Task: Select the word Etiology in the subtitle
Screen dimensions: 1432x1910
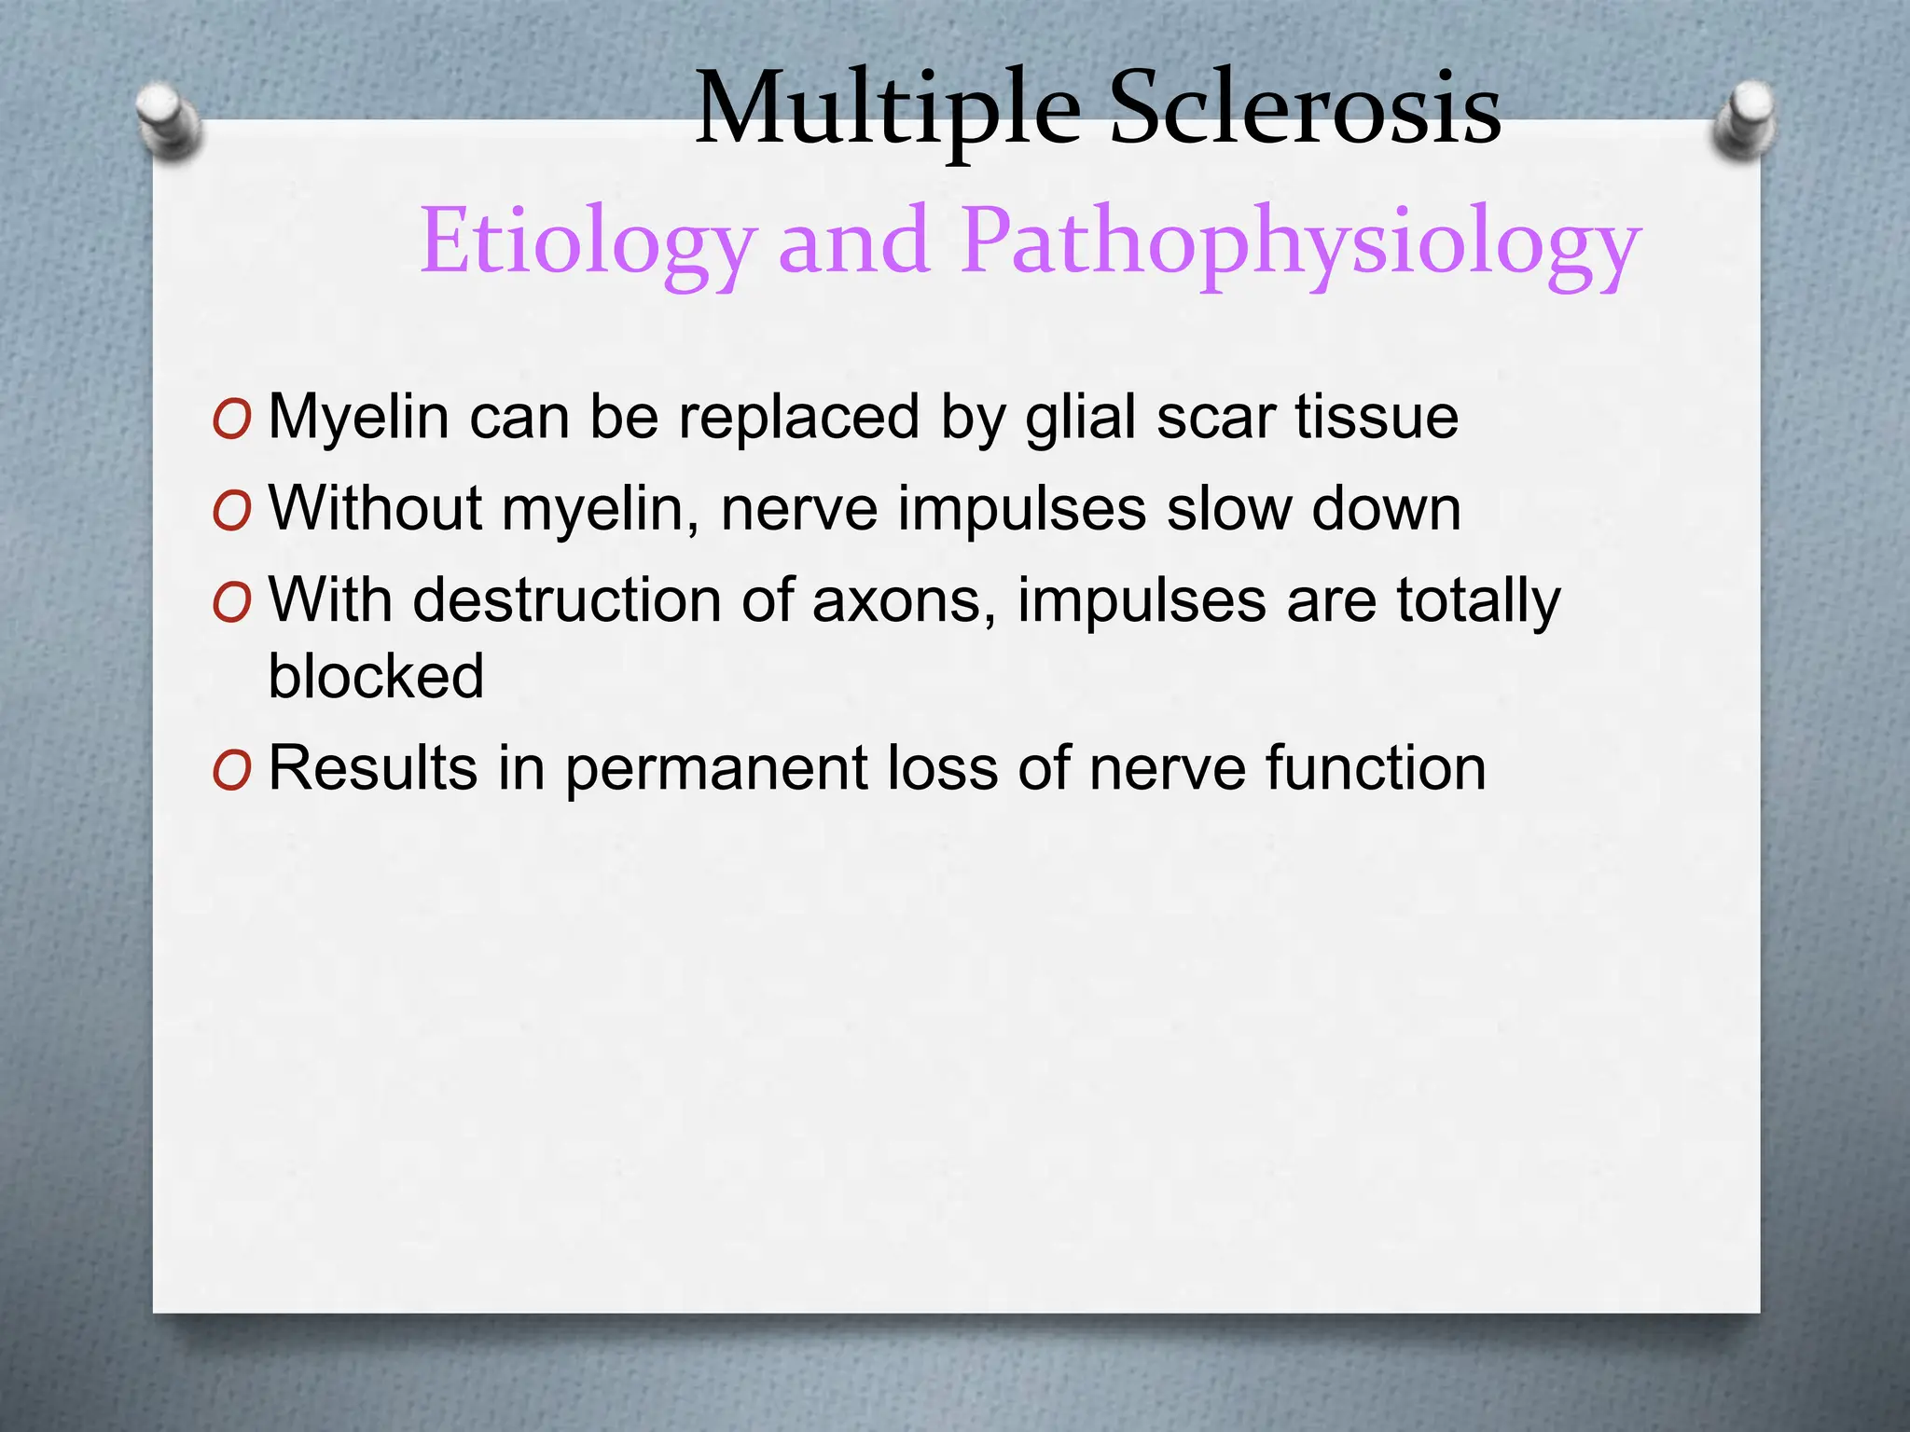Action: pyautogui.click(x=585, y=242)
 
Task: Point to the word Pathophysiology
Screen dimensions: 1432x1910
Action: pyautogui.click(x=1300, y=242)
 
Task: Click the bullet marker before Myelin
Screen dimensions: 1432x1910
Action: pyautogui.click(x=231, y=420)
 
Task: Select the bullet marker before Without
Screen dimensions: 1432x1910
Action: pyautogui.click(x=231, y=512)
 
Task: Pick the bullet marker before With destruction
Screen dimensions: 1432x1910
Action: pyautogui.click(x=231, y=603)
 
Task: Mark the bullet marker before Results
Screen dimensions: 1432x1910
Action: pyautogui.click(x=231, y=771)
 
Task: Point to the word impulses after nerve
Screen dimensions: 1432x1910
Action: pyautogui.click(x=1022, y=510)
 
